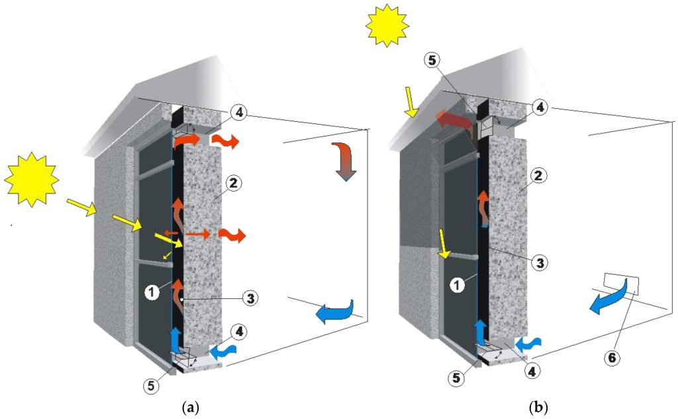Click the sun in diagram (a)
click(31, 179)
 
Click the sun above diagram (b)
click(387, 25)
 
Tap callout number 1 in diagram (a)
click(152, 292)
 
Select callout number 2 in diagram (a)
click(233, 184)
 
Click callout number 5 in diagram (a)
click(151, 385)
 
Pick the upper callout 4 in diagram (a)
click(239, 113)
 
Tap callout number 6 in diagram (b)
click(612, 357)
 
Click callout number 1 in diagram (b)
click(457, 285)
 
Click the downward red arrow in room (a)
click(344, 160)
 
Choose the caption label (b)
click(539, 407)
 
